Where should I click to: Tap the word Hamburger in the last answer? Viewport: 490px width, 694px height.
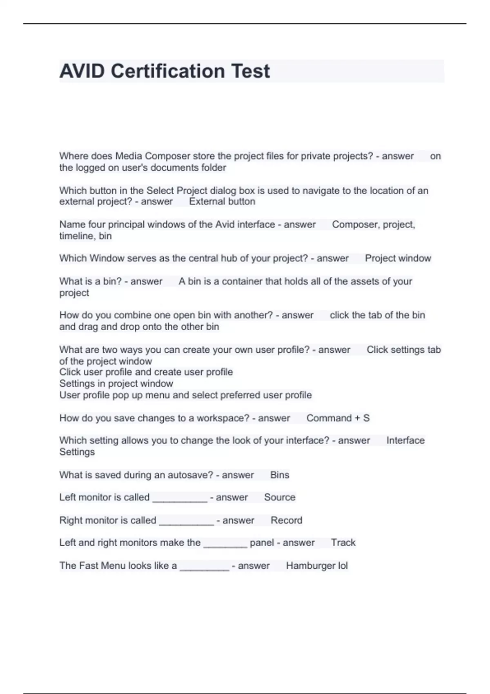click(310, 566)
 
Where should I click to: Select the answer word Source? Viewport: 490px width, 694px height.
click(279, 497)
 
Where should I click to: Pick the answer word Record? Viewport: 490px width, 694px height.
click(286, 520)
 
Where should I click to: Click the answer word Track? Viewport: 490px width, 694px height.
click(343, 543)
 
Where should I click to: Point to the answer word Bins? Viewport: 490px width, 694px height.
click(279, 475)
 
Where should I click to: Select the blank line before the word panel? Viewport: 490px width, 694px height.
click(225, 545)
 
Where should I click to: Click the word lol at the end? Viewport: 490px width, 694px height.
click(343, 566)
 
